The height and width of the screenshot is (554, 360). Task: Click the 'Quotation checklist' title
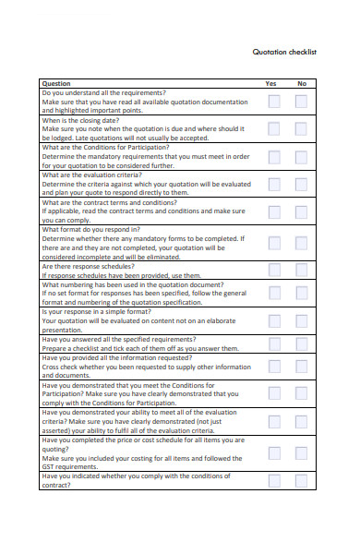[x=284, y=53]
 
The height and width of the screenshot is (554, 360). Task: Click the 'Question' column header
[x=56, y=84]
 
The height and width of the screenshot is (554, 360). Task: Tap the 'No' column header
[x=301, y=84]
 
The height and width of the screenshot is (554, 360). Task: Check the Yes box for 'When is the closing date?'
[x=274, y=129]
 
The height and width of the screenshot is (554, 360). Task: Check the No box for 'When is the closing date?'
[x=301, y=129]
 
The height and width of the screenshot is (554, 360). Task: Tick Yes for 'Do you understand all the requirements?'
[x=274, y=102]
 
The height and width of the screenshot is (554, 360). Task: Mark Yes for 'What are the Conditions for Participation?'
[x=274, y=157]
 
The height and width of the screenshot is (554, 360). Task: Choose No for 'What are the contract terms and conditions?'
[x=301, y=211]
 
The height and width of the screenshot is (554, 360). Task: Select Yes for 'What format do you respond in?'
[x=274, y=243]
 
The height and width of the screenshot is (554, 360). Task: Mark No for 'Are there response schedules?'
[x=301, y=270]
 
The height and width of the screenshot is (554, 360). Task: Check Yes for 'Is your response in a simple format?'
[x=274, y=320]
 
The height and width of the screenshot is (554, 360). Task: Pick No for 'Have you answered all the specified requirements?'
[x=301, y=343]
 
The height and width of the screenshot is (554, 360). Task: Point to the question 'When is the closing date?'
[x=79, y=121]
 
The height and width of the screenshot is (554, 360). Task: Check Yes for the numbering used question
[x=274, y=294]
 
